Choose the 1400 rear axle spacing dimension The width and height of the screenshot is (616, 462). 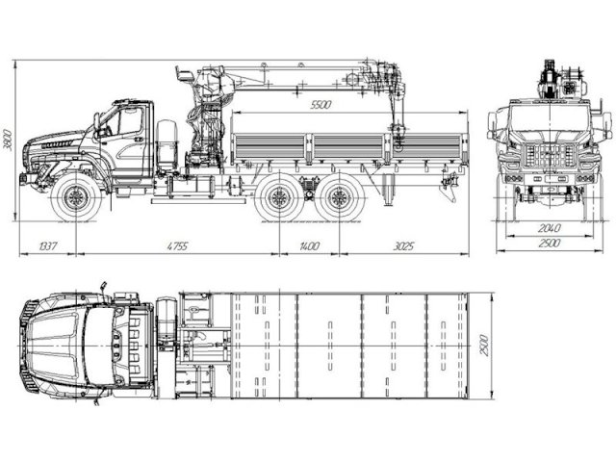[x=308, y=247]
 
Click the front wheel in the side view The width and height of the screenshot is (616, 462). [x=75, y=199]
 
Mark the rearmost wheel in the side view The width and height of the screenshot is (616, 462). [x=337, y=199]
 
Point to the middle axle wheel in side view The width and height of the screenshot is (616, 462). [x=279, y=199]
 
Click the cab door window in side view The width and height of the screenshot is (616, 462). [x=128, y=122]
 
